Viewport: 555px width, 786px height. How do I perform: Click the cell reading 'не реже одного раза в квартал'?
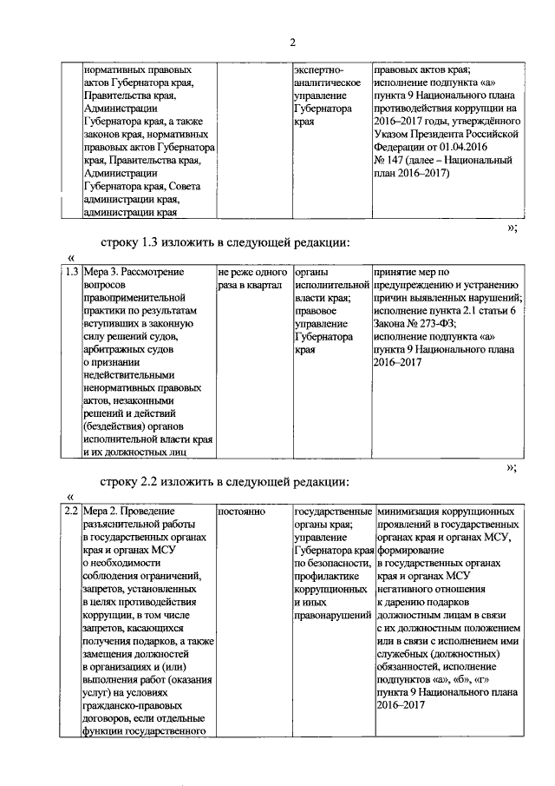click(253, 279)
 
